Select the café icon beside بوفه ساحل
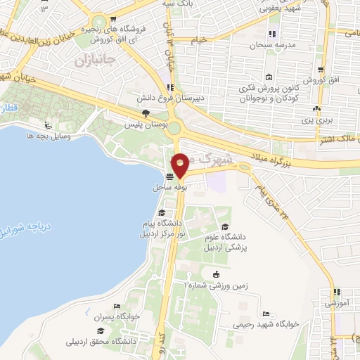click(170, 177)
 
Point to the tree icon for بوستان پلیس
click(146, 113)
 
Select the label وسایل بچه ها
click(50, 135)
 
